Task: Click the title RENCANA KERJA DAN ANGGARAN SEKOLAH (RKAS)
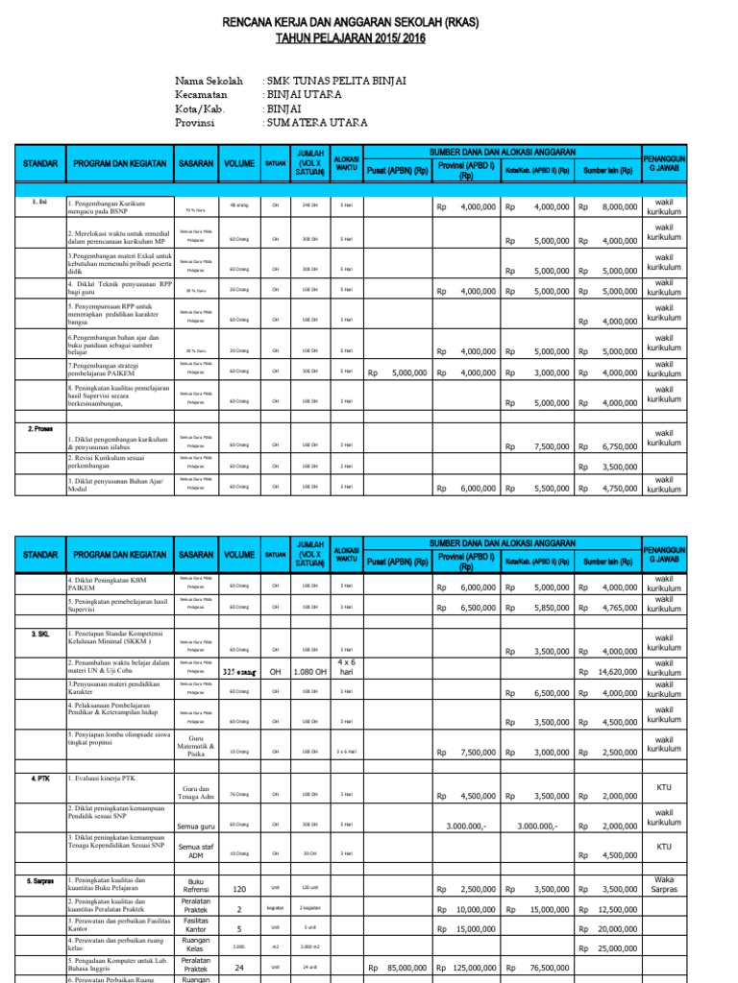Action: pos(370,21)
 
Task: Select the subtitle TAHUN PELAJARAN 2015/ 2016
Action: pos(370,38)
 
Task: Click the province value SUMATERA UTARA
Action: pos(317,123)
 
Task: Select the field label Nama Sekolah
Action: pos(209,82)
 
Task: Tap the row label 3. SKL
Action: pos(40,635)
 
